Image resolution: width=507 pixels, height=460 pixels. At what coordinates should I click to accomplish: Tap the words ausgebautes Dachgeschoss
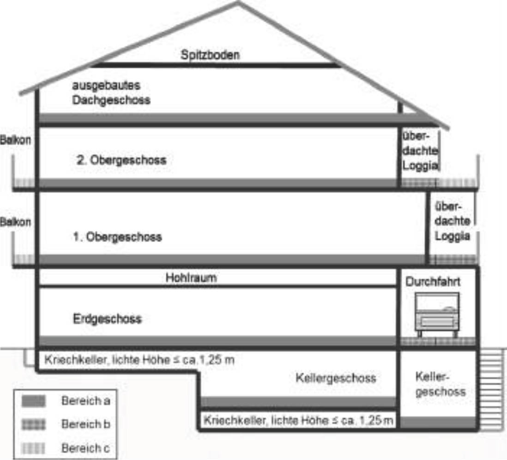pos(111,93)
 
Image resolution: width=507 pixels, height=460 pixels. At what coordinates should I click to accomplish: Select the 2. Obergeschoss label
pos(121,161)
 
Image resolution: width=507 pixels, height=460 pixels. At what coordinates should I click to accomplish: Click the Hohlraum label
pos(191,278)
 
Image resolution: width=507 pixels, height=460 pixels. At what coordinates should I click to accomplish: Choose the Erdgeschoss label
pos(107,319)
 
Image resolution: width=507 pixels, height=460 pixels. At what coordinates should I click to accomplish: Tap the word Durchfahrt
pos(434,282)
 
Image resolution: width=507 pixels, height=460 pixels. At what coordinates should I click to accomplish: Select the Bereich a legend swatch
pos(34,401)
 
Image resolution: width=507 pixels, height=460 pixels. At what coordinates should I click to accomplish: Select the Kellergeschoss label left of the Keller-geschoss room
pos(335,378)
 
